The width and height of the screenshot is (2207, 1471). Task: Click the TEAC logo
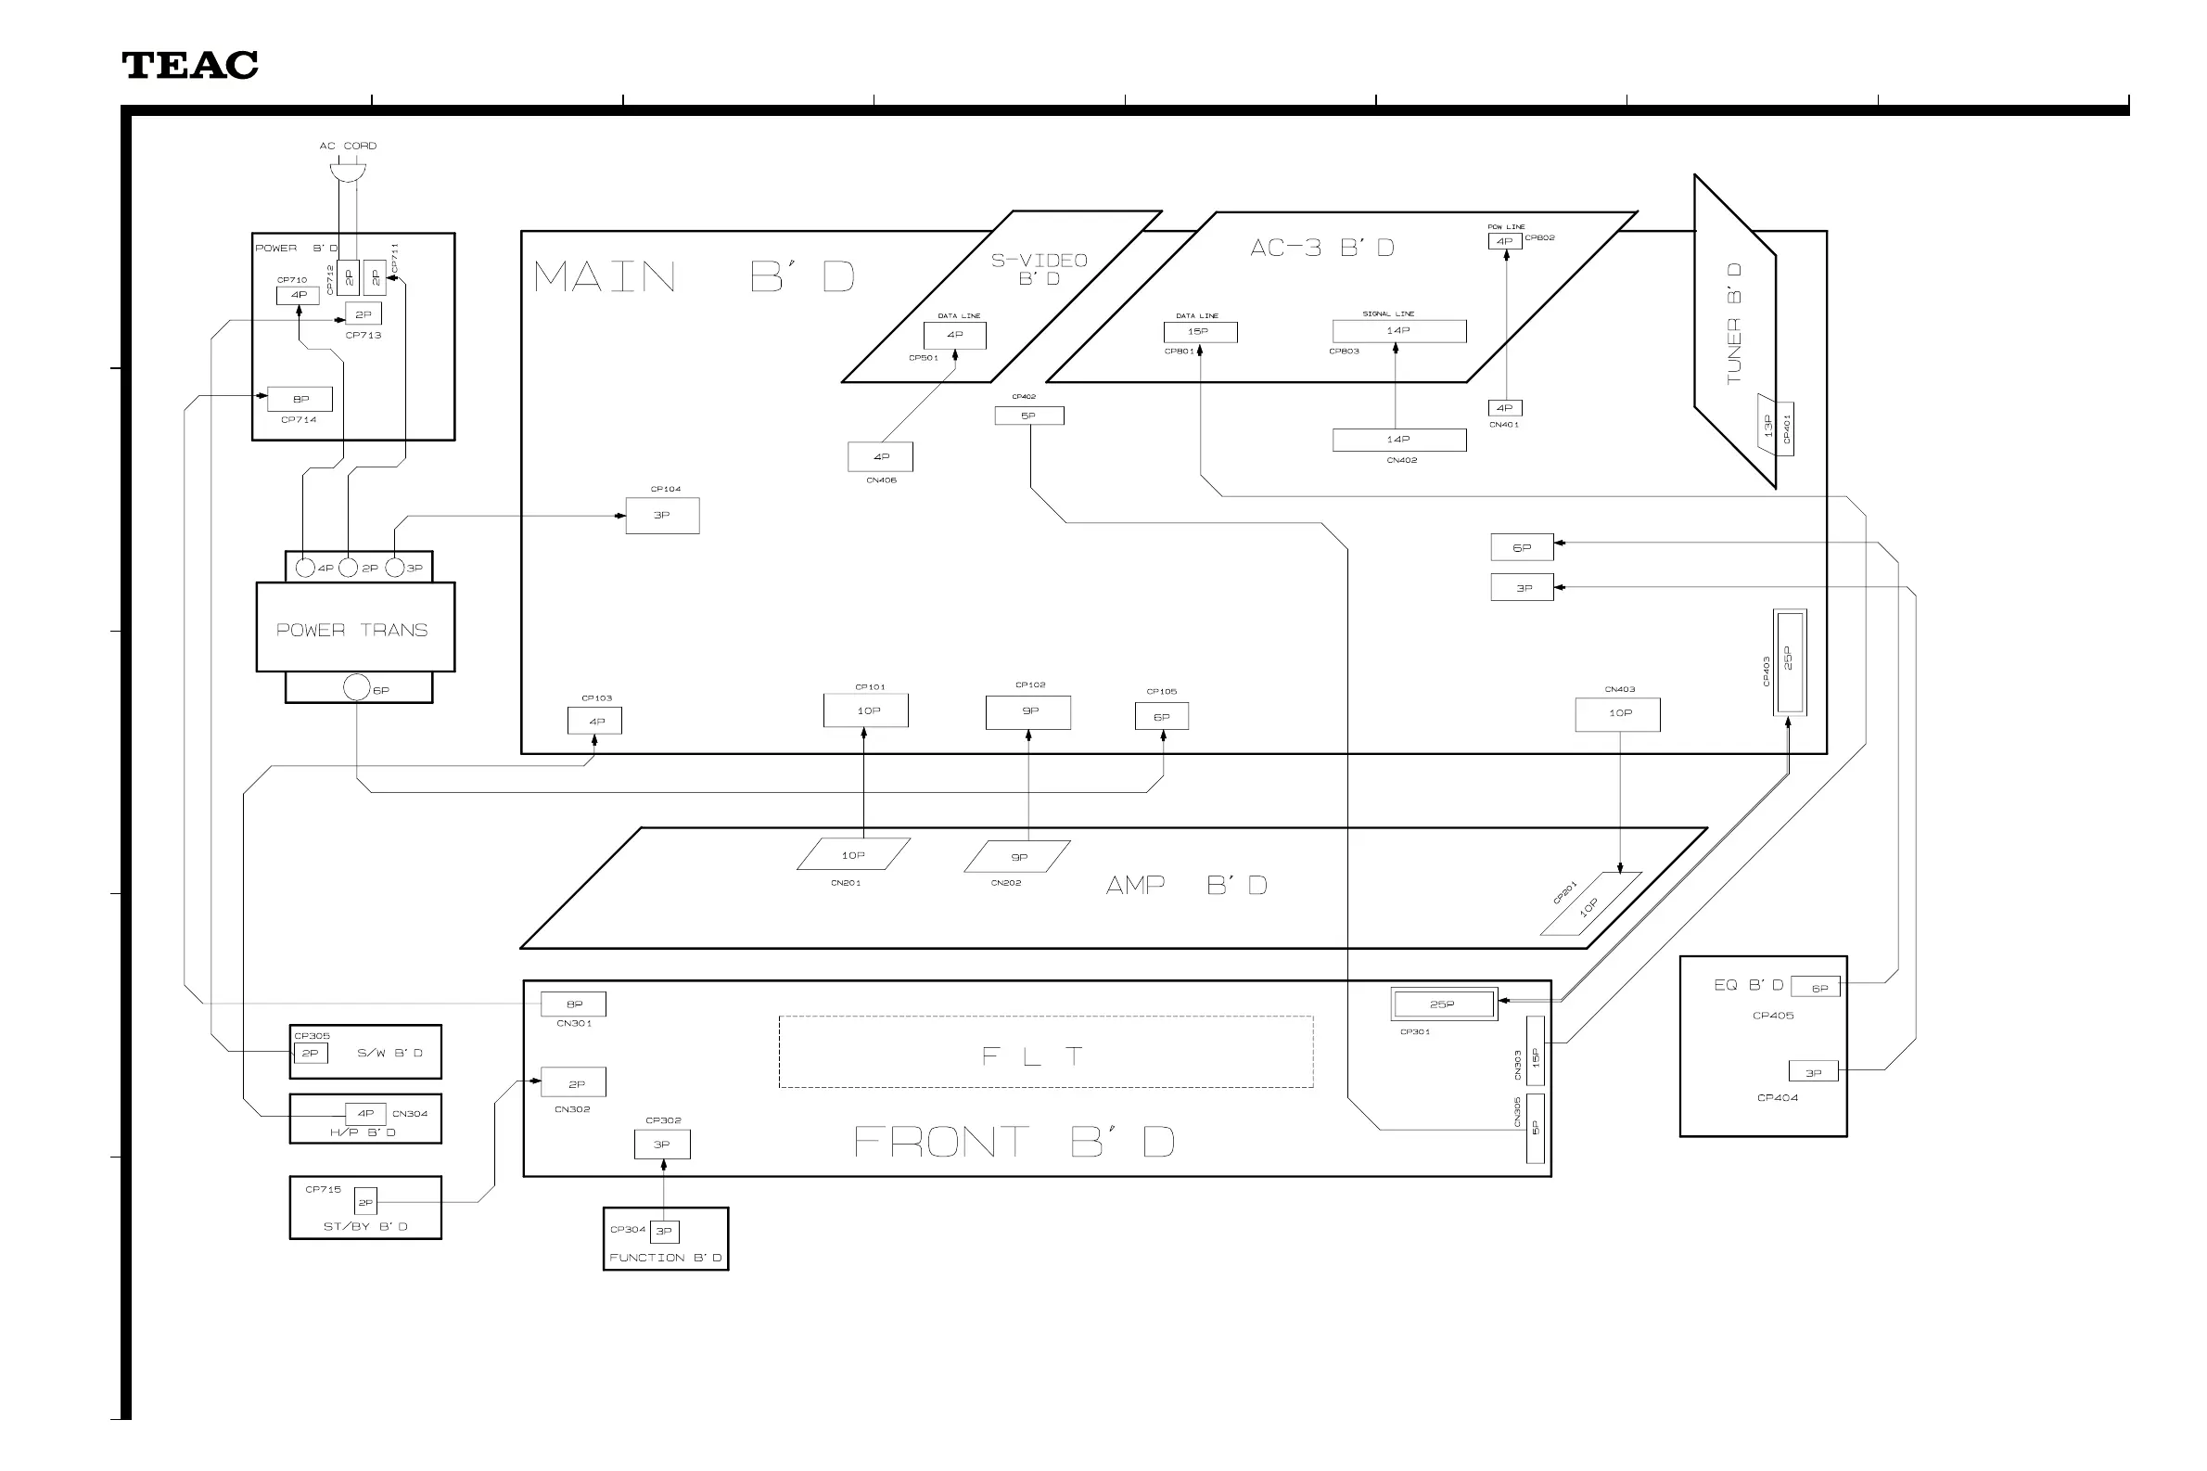click(189, 66)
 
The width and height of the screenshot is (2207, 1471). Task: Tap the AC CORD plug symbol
click(347, 173)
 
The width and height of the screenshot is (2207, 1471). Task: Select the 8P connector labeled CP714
click(300, 399)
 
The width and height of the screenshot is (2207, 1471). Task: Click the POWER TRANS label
click(351, 630)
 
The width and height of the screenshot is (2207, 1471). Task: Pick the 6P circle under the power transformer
click(356, 687)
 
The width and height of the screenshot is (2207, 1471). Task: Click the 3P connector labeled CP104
click(662, 515)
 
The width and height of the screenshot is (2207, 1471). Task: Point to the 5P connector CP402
click(1029, 416)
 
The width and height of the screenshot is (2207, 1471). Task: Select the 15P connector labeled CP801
click(1200, 332)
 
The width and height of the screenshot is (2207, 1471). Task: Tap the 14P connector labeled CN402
click(1398, 439)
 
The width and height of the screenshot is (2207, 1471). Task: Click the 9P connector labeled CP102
click(1029, 711)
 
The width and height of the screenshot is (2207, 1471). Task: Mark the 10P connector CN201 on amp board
click(852, 854)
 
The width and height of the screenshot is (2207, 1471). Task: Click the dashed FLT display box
click(1045, 1053)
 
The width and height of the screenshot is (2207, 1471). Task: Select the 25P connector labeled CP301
click(1443, 1004)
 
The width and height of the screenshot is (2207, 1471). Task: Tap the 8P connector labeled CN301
click(574, 1004)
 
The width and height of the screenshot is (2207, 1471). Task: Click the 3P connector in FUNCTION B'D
click(664, 1231)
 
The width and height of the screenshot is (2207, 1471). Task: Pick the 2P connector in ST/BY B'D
click(364, 1202)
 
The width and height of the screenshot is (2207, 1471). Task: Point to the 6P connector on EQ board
click(1818, 988)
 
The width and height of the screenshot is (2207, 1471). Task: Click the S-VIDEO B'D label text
click(1040, 268)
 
